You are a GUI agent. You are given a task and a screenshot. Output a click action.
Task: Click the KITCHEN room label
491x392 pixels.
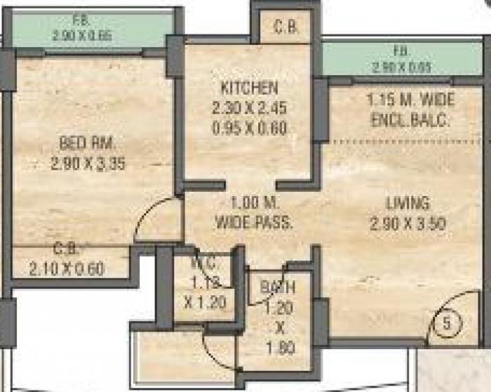point(248,89)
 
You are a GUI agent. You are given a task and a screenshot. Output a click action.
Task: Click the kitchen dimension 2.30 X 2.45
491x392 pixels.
point(248,109)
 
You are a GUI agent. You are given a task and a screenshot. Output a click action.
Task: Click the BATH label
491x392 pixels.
point(278,287)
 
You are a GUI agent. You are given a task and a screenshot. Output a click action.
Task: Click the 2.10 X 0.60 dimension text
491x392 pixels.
point(67,268)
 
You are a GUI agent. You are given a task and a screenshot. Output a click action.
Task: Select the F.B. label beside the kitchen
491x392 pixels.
point(401,51)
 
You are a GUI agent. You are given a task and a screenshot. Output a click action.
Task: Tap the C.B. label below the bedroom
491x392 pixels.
point(67,249)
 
